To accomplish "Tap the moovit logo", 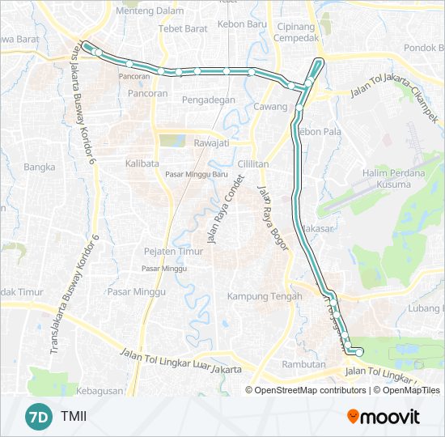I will tap(384, 417).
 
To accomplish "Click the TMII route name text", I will tap(73, 418).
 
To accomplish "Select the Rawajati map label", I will tap(211, 143).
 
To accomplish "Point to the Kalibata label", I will tap(142, 163).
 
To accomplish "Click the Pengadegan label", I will tap(209, 100).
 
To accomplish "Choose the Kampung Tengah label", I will tap(259, 295).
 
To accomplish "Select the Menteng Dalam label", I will tap(150, 11).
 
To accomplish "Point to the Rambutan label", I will tap(303, 363).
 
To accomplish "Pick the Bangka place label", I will tap(39, 168).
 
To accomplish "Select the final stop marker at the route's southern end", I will tap(359, 352).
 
